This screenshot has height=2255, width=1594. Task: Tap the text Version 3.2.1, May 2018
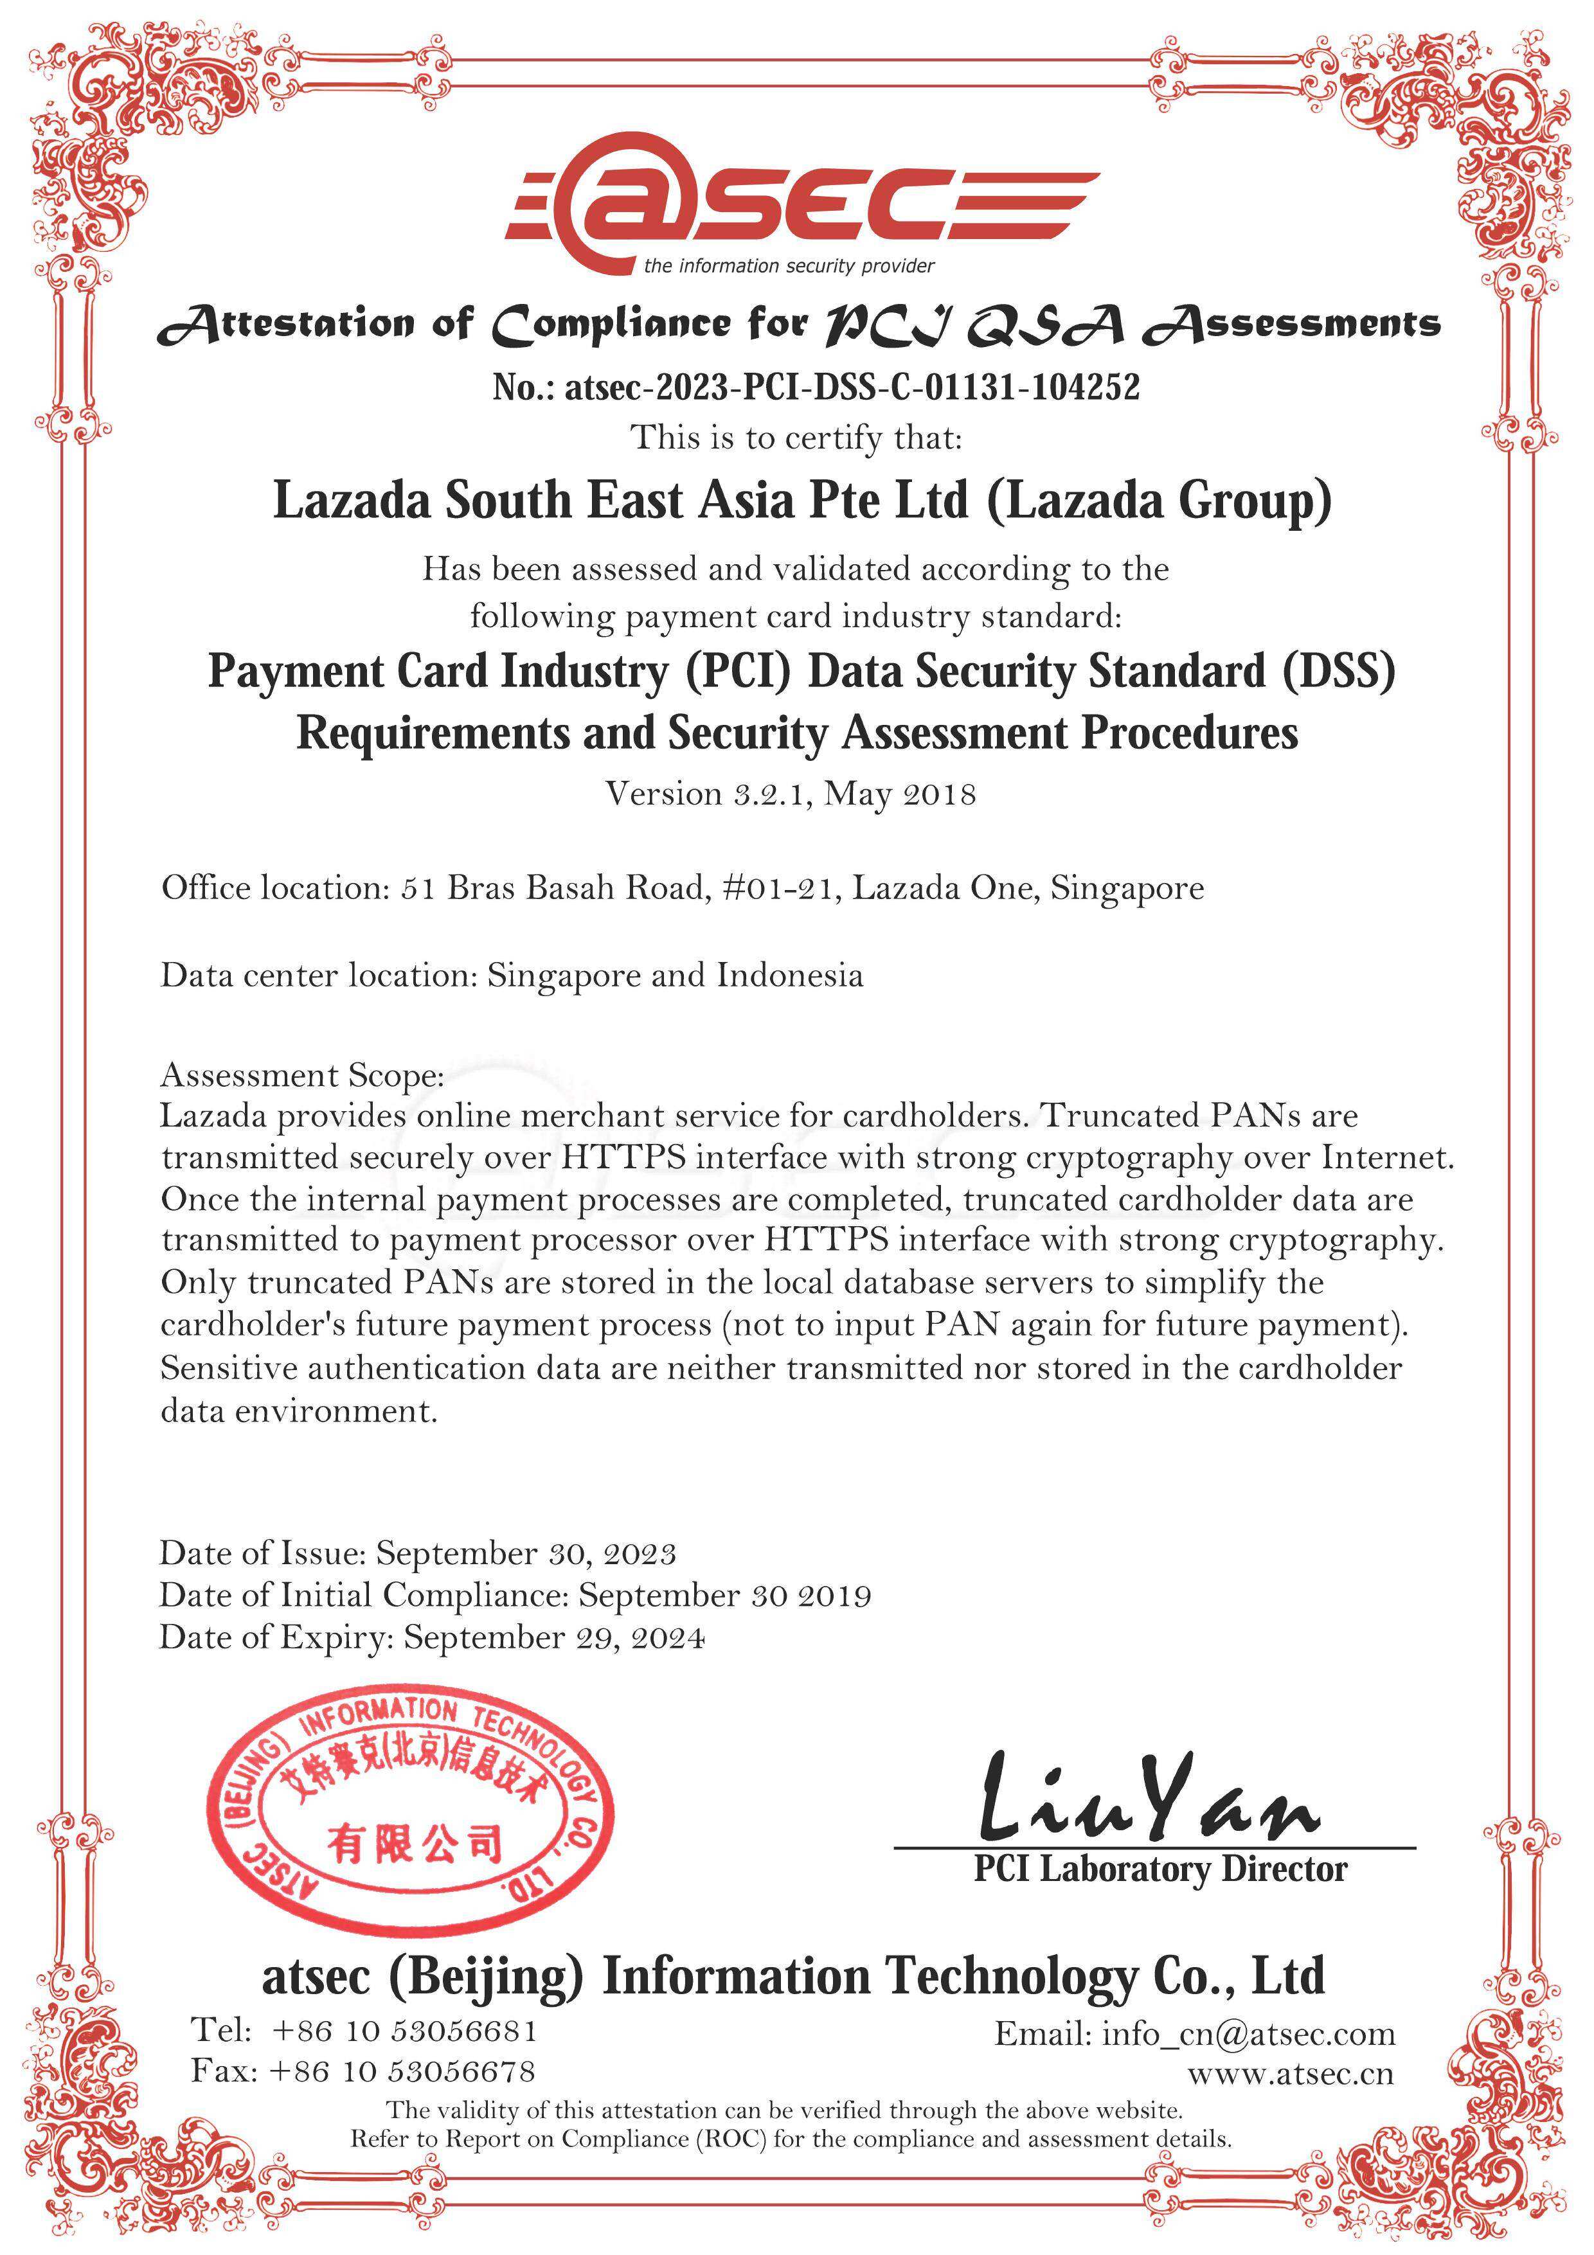click(x=791, y=792)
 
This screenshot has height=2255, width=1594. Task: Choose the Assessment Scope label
click(x=301, y=1075)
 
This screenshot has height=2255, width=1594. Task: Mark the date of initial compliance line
click(x=515, y=1595)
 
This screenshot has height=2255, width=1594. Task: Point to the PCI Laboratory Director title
click(x=1160, y=1868)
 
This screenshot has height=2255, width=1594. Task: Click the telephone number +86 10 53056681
click(x=404, y=2030)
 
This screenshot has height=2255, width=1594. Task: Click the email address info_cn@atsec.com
click(x=1248, y=2033)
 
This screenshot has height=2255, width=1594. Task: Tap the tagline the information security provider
click(x=789, y=266)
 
